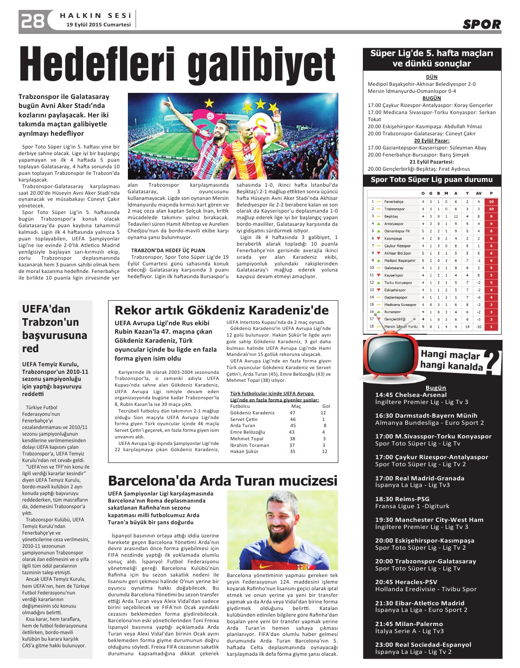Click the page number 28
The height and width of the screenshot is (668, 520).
[x=32, y=21]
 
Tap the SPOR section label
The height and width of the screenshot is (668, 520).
[x=481, y=25]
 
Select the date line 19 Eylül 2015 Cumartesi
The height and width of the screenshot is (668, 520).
[x=99, y=25]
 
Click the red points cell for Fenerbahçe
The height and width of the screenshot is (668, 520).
[x=491, y=201]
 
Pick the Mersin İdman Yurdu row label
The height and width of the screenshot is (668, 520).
[x=401, y=326]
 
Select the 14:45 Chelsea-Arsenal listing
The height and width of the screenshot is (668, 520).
[x=411, y=395]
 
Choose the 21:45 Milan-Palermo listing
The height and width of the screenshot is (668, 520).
[x=409, y=624]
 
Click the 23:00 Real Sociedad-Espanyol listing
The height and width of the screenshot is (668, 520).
[x=423, y=644]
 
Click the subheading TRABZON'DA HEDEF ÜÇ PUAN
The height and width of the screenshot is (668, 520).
[x=168, y=250]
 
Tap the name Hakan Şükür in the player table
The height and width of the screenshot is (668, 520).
[x=244, y=451]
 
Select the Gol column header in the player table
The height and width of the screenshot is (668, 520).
[x=326, y=406]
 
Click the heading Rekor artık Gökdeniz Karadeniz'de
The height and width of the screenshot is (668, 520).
[x=222, y=310]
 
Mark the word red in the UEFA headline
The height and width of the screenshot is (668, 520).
[x=30, y=348]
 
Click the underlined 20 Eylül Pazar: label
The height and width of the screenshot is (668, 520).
[x=431, y=140]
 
